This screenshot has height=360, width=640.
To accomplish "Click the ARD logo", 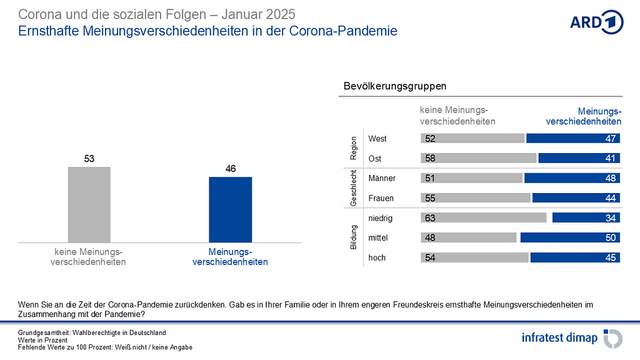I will pos(596,22).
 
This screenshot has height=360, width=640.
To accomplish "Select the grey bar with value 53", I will pos(89,204).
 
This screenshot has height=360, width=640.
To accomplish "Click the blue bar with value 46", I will pos(231,209).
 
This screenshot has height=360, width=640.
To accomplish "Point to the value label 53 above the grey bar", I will pos(89,159).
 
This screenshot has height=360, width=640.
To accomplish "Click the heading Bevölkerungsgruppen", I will pos(395,86).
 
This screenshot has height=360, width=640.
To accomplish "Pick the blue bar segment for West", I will pos(573,139).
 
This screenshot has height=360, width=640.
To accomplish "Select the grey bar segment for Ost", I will pos(479,158).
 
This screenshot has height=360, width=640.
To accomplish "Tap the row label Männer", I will pos(382,178).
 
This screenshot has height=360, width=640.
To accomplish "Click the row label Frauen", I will pos(381,198).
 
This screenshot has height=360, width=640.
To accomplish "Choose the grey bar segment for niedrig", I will pos(484,218).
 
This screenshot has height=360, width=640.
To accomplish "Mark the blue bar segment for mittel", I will pos(570,237).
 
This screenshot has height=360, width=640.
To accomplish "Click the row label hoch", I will pos(377,257).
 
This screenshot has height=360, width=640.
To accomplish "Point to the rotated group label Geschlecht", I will pos(354,188).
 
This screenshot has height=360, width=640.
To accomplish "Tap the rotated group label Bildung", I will pos(354,238).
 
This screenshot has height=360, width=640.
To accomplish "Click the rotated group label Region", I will pos(354,148).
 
